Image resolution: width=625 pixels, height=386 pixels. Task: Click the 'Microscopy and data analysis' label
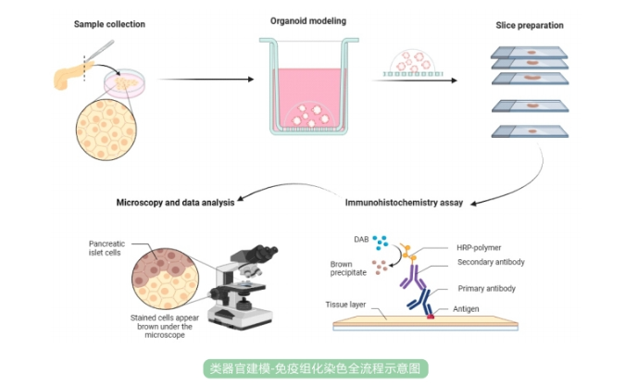(175, 203)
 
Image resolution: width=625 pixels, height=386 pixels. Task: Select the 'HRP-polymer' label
(479, 247)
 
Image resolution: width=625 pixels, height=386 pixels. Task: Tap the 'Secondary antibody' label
(491, 262)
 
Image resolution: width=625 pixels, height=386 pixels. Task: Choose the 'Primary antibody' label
(486, 289)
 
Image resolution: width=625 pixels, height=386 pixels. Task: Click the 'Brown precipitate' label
(347, 268)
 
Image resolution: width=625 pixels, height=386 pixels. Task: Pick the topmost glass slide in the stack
(529, 54)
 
